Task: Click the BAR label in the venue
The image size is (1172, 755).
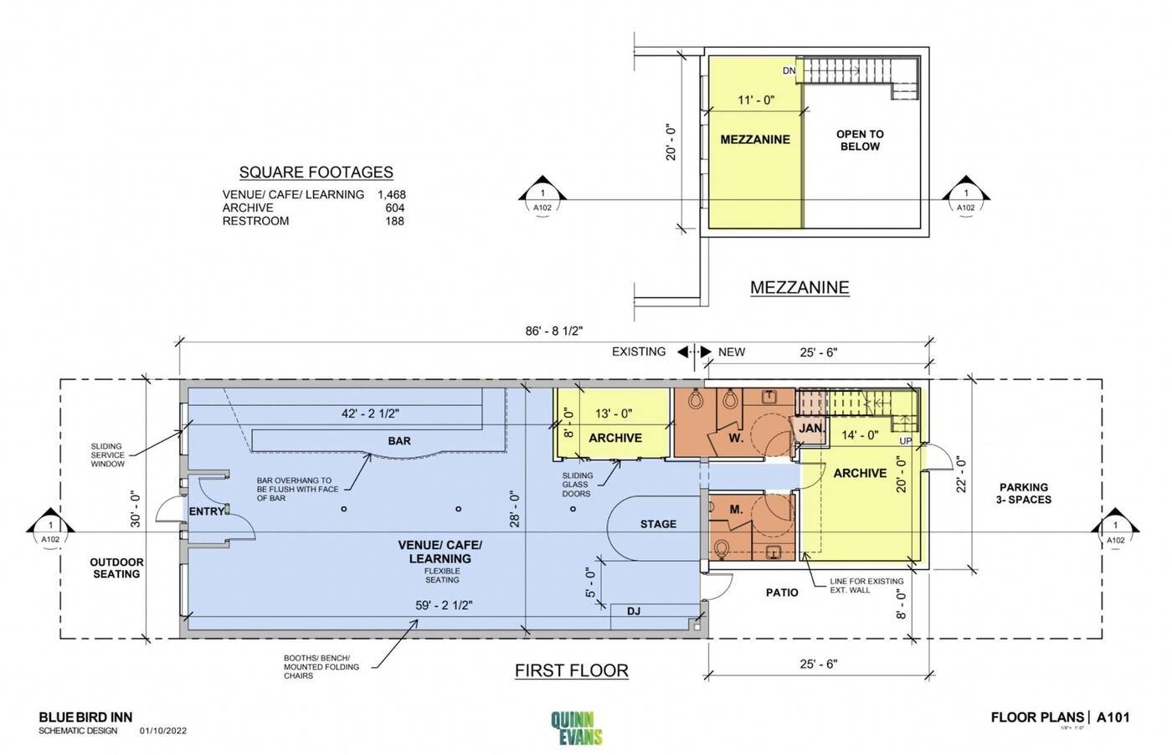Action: [399, 441]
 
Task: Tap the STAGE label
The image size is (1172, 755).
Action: [658, 524]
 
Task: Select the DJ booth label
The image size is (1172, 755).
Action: [634, 611]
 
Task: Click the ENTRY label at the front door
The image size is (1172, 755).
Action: [206, 511]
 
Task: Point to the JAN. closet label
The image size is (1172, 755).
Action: [811, 428]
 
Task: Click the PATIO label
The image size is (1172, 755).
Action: [782, 593]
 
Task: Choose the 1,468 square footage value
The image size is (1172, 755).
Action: [391, 194]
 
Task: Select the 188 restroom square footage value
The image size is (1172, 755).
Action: [394, 221]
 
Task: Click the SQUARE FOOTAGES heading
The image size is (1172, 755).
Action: [316, 172]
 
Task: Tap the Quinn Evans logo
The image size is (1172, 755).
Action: [577, 727]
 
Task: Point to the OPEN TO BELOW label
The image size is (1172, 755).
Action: [860, 140]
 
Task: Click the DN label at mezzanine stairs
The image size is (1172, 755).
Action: [789, 71]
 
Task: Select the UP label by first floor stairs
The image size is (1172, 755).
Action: [906, 440]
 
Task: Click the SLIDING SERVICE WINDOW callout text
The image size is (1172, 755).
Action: [107, 455]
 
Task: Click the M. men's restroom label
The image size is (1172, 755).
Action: [736, 509]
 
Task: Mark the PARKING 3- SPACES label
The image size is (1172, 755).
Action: [1024, 493]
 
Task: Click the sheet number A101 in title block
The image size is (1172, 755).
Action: [1113, 716]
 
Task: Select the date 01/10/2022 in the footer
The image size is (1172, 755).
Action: [163, 731]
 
